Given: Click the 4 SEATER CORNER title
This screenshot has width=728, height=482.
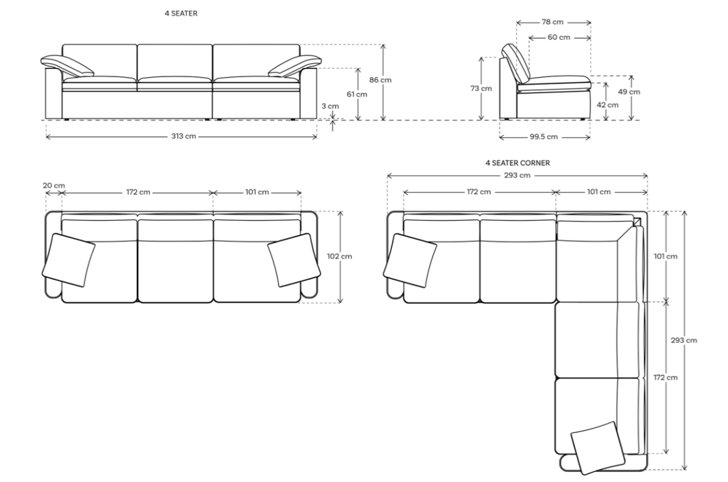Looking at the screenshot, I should click(x=517, y=163).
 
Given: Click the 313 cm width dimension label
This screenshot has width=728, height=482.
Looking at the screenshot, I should click(x=182, y=136).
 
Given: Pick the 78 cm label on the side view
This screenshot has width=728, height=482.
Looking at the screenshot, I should click(x=552, y=22).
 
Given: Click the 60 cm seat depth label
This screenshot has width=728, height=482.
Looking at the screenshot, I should click(x=559, y=38).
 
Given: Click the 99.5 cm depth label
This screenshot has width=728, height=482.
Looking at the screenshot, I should click(x=544, y=136).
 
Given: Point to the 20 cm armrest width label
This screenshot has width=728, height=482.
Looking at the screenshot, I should click(x=54, y=185).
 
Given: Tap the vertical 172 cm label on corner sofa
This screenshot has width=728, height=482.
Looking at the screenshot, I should click(x=666, y=377).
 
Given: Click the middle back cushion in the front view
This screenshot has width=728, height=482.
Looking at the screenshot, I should click(x=175, y=60).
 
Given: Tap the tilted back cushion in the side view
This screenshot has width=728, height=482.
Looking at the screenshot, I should click(x=516, y=63).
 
